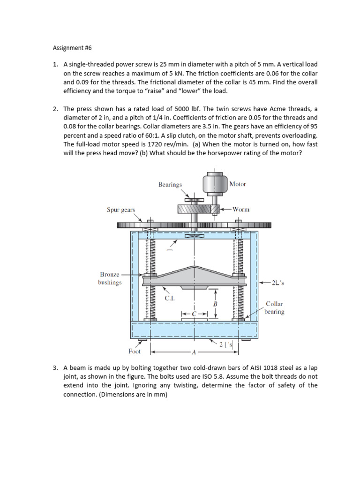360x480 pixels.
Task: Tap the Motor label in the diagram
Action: (238, 184)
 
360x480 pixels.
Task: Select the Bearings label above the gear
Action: (170, 184)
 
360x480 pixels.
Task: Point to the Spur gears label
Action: (121, 210)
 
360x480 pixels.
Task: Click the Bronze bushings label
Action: (110, 278)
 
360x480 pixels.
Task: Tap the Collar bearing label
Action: (274, 307)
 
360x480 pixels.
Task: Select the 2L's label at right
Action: (278, 283)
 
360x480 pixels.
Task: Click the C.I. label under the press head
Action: (169, 298)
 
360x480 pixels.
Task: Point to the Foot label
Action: (135, 351)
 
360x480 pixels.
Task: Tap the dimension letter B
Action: (215, 304)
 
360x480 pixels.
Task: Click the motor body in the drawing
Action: (215, 183)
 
